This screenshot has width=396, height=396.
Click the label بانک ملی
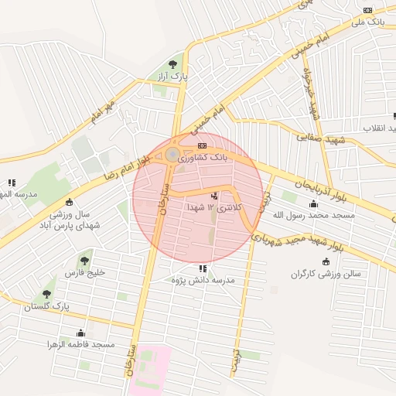coord(367,23)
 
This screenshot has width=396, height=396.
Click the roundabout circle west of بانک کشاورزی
coord(171,156)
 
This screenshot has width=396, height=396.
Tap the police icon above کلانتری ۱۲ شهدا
coord(214,196)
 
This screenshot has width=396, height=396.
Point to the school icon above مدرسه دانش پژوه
coord(203,268)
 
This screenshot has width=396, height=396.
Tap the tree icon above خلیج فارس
coord(84,261)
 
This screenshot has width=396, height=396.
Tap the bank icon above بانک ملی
coord(368,10)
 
